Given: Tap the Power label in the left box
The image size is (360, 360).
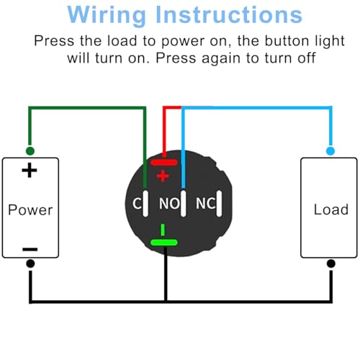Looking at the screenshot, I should (30, 210).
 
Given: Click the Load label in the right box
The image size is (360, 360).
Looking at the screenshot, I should (330, 210).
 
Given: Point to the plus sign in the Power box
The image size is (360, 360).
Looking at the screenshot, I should (30, 171).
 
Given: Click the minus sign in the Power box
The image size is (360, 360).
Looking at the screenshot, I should (30, 248).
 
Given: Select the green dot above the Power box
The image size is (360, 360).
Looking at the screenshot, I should (30, 150).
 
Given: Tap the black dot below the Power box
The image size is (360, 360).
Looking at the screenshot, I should (30, 264).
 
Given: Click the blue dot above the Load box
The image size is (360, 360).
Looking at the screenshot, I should (330, 150).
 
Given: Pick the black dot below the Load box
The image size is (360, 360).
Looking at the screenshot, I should (330, 264).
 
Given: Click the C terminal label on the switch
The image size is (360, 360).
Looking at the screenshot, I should (136, 203).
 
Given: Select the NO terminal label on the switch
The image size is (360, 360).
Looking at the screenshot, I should (168, 203).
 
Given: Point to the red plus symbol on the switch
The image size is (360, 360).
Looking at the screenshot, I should (163, 175).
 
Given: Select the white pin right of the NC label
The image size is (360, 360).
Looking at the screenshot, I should (225, 202).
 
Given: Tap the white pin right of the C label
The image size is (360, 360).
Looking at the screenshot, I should (146, 202).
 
